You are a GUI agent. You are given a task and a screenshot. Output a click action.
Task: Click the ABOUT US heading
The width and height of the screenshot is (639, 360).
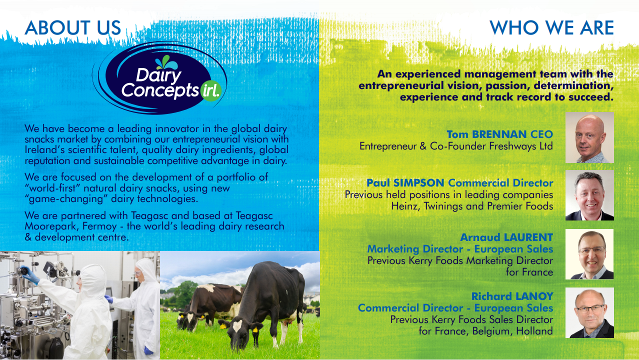point(72,27)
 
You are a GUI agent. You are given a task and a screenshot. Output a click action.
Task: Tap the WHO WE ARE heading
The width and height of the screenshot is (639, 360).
point(551,27)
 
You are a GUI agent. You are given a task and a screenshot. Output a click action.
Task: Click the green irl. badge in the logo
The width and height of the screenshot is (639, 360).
point(211,91)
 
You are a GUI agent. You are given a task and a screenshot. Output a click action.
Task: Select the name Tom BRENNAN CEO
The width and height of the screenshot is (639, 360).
point(500,134)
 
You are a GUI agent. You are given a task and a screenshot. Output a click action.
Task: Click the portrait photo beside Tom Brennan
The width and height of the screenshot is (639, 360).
point(589,137)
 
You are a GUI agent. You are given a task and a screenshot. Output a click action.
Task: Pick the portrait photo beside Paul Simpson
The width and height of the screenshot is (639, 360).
point(589,195)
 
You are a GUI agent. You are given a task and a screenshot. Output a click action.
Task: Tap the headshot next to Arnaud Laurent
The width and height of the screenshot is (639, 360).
point(589,254)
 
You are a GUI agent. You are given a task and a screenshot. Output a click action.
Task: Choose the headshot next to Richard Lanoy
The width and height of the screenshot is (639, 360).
point(589,313)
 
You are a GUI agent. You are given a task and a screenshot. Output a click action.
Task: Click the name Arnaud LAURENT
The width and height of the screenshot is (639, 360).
point(506,237)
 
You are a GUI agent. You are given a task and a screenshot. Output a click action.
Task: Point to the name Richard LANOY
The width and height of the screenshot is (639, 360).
point(512,296)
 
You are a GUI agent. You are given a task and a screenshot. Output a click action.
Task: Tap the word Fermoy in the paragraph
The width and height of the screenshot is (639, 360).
point(99,226)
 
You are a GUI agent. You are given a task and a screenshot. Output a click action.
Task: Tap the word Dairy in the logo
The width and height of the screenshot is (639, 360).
point(158,75)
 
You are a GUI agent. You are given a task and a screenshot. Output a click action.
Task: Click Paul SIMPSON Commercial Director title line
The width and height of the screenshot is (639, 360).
point(460,183)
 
